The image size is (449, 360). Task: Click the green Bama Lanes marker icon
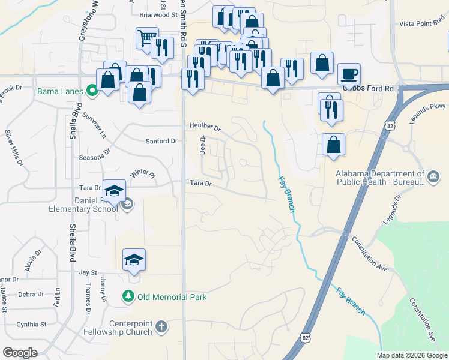tap(92, 91)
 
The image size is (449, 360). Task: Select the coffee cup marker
tap(349, 74)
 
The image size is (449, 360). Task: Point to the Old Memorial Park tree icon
tap(127, 296)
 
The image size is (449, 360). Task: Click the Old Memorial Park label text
tap(172, 297)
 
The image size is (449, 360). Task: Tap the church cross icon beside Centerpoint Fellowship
tap(161, 326)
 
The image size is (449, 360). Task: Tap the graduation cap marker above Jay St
tap(134, 260)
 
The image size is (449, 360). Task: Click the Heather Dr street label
tap(205, 127)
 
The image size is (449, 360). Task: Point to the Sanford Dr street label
tap(162, 142)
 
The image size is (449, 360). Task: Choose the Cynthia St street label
tap(31, 325)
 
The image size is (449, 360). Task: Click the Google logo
tap(20, 353)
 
